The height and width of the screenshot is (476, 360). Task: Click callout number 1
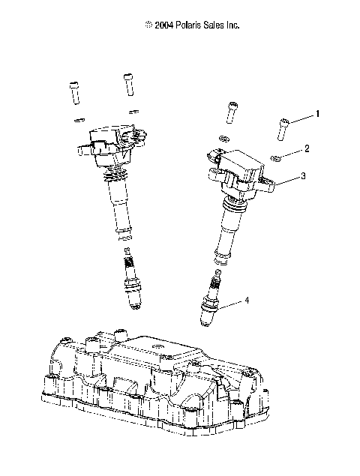point(317,114)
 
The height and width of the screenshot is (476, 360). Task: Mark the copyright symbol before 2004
point(148,25)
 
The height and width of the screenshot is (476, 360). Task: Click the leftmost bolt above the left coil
point(75,94)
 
